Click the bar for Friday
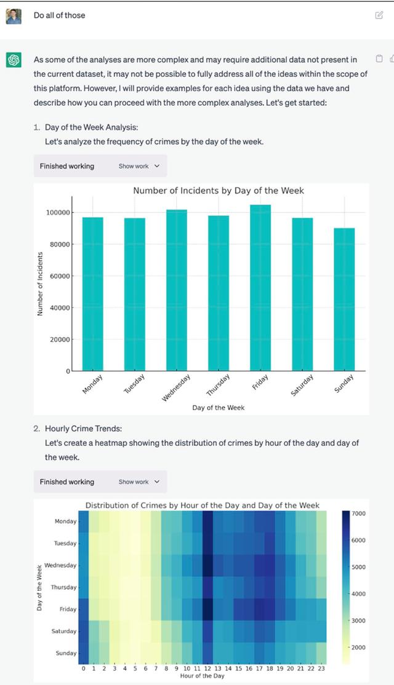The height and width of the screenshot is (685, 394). click(x=260, y=289)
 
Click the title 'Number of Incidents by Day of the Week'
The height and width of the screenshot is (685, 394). click(x=219, y=191)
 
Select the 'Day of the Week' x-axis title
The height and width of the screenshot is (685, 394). click(x=219, y=408)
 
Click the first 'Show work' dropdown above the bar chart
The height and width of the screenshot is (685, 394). click(x=139, y=166)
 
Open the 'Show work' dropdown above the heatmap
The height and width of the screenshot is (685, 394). click(x=139, y=482)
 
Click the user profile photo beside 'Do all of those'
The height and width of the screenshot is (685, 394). click(x=14, y=15)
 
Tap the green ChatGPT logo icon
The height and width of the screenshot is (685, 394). click(x=14, y=60)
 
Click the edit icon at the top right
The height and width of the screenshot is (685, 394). click(x=379, y=15)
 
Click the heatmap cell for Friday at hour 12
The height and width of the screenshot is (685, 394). click(x=207, y=609)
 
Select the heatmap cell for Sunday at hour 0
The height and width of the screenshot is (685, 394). click(x=84, y=653)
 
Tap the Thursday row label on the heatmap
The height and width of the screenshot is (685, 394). click(x=63, y=587)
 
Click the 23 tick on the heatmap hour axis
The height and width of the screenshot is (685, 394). click(x=322, y=668)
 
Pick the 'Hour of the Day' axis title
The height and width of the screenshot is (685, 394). click(x=203, y=676)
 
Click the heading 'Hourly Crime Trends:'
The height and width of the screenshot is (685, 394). click(x=79, y=429)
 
